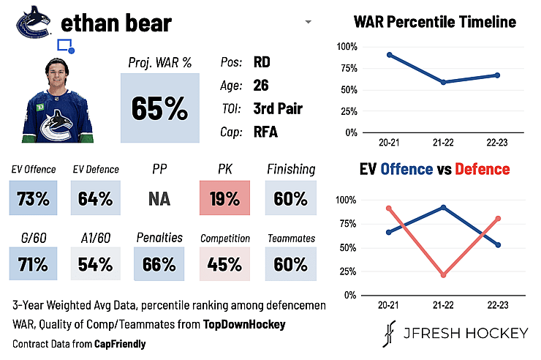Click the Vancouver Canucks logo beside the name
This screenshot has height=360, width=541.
[34, 22]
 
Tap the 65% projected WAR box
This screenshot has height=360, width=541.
[160, 108]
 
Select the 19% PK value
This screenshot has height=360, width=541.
[224, 198]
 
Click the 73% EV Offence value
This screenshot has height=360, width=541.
[33, 198]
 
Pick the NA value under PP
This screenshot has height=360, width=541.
[159, 199]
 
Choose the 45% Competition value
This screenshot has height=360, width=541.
[224, 264]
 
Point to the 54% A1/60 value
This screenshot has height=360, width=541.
[96, 264]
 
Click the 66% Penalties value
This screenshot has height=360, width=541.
[159, 264]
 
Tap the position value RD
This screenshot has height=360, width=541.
[262, 62]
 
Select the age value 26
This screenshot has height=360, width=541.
[261, 86]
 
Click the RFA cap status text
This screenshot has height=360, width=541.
[265, 132]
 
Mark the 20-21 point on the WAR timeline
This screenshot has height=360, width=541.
[390, 55]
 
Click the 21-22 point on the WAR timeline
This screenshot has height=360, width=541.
[443, 82]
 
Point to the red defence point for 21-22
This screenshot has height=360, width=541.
[443, 275]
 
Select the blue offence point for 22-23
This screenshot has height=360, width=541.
[498, 245]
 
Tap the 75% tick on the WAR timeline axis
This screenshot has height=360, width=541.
[349, 68]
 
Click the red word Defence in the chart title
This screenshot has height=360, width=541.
[483, 169]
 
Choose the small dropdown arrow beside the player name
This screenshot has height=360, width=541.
[309, 22]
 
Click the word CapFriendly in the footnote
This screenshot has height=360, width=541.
[120, 344]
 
